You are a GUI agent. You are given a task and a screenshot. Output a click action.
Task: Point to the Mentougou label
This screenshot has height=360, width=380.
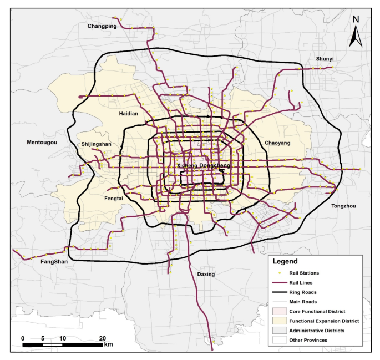[42, 143]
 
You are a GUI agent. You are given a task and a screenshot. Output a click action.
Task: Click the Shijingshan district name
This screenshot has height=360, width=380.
[96, 144]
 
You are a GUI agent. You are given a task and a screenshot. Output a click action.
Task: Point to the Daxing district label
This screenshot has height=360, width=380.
[205, 274]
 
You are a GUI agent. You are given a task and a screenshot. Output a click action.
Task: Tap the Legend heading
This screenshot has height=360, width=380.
[285, 261]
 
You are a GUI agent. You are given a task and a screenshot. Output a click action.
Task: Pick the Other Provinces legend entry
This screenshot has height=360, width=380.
[311, 340]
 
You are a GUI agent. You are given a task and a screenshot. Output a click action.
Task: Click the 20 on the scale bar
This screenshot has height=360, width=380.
[102, 338]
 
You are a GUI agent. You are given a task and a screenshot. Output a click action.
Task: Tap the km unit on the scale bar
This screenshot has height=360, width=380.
[109, 345]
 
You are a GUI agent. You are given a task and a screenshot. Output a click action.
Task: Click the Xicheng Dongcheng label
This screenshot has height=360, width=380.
[203, 166]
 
